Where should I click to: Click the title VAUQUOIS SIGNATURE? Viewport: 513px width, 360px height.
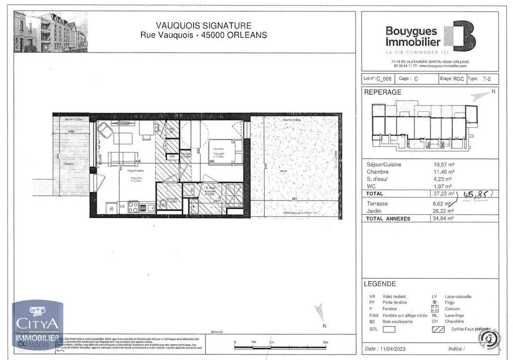point(203,26)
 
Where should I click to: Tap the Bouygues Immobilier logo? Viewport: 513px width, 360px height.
point(430,36)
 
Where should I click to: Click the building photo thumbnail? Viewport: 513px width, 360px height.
point(50,32)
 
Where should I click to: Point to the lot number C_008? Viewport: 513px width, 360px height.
point(384,79)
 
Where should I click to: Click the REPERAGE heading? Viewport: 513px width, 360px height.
point(382,92)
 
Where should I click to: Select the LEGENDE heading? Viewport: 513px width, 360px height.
point(380,284)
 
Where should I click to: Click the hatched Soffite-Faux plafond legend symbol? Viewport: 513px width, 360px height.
point(438,329)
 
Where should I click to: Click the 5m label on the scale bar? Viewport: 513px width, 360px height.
point(325,342)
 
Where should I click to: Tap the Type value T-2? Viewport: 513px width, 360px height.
point(486,79)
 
